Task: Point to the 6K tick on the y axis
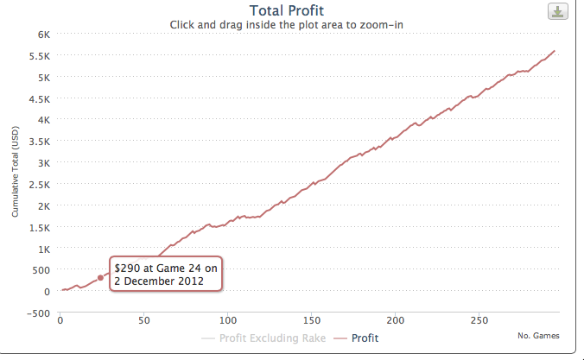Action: point(43,35)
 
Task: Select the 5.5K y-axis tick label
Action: point(40,56)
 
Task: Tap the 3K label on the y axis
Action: point(43,163)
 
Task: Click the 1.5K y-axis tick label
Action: point(40,227)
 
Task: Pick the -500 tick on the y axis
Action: point(38,313)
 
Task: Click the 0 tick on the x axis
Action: point(60,320)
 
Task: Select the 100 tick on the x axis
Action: point(227,320)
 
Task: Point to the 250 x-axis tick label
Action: point(479,320)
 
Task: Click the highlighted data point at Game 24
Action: point(100,278)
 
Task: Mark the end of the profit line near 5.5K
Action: point(555,52)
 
